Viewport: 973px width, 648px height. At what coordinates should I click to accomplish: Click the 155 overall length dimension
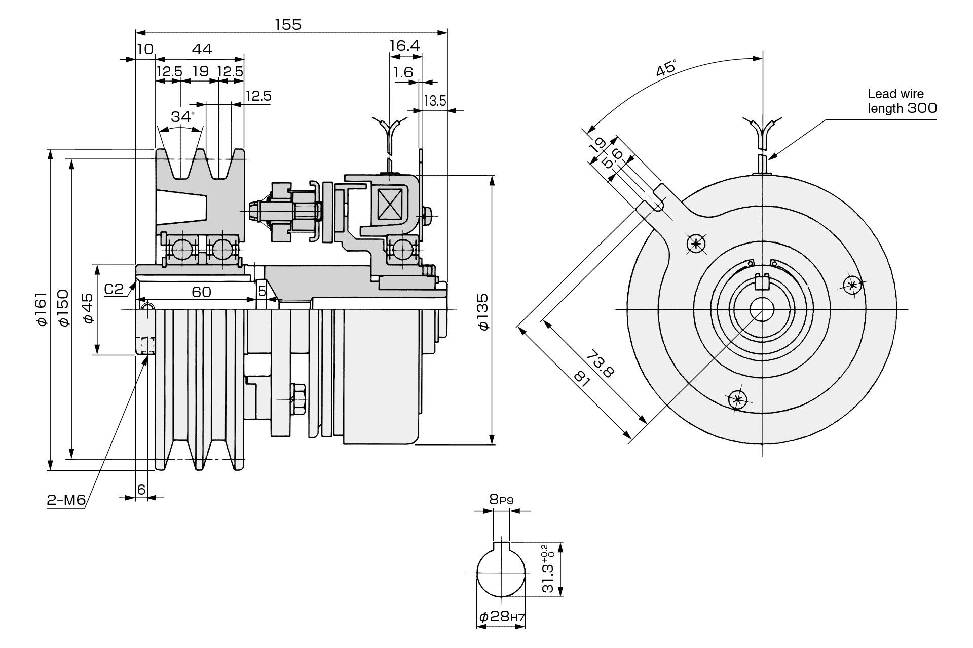click(x=288, y=24)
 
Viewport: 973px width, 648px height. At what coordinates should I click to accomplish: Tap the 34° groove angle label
click(x=182, y=117)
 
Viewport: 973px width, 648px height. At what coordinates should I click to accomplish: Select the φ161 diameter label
click(x=41, y=309)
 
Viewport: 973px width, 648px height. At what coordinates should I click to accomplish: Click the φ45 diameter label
click(x=87, y=308)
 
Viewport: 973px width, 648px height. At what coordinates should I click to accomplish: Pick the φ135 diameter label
click(x=483, y=311)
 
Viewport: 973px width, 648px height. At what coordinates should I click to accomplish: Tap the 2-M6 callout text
click(x=66, y=501)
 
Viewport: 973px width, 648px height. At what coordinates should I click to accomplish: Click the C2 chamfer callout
click(x=114, y=289)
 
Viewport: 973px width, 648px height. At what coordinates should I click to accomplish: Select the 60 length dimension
click(x=201, y=292)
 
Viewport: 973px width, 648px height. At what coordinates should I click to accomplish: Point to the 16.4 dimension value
click(x=404, y=46)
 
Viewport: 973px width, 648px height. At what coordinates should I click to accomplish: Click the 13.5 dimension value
click(x=435, y=101)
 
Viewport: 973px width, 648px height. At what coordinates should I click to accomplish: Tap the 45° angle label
click(x=666, y=68)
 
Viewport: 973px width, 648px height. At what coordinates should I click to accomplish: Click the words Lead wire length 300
click(x=902, y=101)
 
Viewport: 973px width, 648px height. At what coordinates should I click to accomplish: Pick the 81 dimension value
click(x=582, y=378)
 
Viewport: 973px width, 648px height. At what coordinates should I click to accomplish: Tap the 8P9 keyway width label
click(x=501, y=500)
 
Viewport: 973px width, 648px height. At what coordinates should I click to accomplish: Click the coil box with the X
click(x=390, y=204)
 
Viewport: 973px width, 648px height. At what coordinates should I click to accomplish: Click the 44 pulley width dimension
click(x=202, y=49)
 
